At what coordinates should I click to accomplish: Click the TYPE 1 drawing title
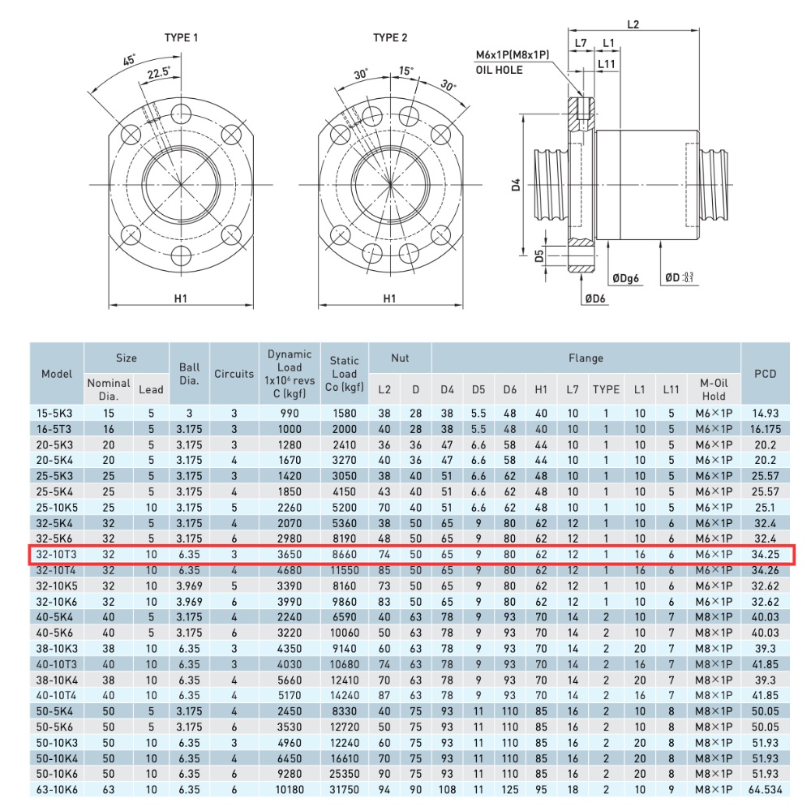point(181,37)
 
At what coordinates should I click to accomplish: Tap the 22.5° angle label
point(158,73)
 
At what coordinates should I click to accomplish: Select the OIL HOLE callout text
point(499,70)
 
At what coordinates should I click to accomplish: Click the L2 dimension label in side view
point(633,24)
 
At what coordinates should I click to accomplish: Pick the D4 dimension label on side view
point(517,184)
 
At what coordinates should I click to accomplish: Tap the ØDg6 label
point(626,278)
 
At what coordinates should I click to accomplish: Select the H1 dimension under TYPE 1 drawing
point(181,298)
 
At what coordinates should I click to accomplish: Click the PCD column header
point(765,374)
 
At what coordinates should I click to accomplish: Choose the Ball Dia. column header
point(189,374)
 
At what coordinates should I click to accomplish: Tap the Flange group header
point(586,358)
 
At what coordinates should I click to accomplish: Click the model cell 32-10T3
point(57,554)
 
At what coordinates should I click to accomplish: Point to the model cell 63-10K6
point(57,789)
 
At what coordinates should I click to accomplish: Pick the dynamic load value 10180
point(289,789)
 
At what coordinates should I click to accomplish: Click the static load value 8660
point(344,554)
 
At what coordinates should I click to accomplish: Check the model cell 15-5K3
point(57,413)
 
